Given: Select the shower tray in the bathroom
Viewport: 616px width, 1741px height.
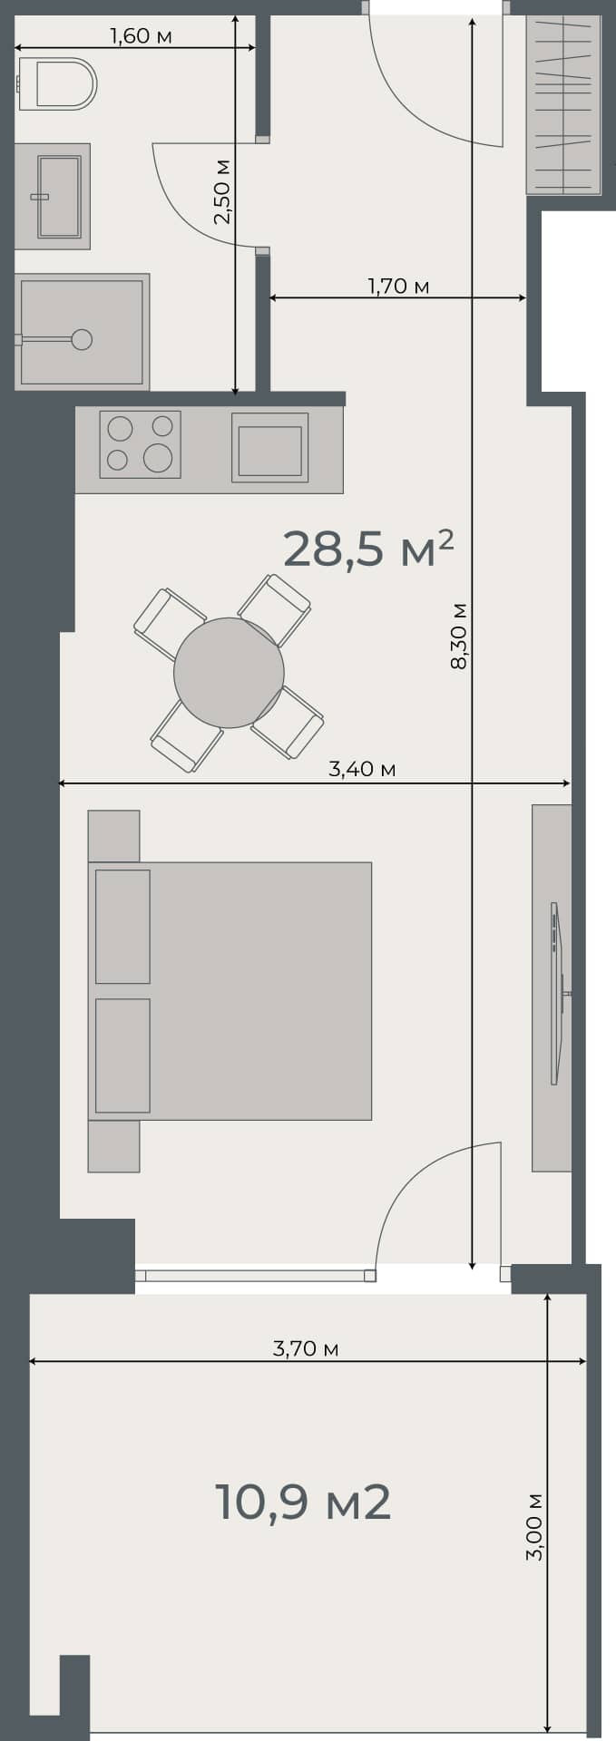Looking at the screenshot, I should [x=82, y=332].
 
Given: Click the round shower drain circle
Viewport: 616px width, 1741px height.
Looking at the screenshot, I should [x=82, y=339].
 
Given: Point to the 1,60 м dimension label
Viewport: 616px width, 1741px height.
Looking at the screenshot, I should [x=141, y=36].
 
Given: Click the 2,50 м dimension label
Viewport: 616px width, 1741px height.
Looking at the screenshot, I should [x=222, y=191].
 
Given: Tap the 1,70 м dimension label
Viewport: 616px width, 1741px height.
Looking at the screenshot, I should [x=398, y=287].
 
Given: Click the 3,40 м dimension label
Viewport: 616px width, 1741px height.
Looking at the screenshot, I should [x=362, y=769].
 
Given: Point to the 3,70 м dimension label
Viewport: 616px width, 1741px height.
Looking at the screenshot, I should [x=306, y=1348].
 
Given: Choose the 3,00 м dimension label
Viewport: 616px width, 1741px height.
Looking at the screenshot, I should [x=534, y=1526].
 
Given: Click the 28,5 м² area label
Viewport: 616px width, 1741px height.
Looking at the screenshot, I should [x=367, y=550].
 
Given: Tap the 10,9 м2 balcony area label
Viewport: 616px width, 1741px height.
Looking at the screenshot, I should [x=303, y=1503].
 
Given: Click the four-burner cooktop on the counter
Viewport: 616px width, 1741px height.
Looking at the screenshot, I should [x=140, y=444].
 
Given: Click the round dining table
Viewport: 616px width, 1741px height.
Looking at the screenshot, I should [x=229, y=672].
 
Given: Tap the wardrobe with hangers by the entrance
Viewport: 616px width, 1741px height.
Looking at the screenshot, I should [x=562, y=103].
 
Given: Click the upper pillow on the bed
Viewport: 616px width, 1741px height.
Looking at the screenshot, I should [x=122, y=926].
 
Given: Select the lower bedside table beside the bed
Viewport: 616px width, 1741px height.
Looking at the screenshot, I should [x=113, y=1146].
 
